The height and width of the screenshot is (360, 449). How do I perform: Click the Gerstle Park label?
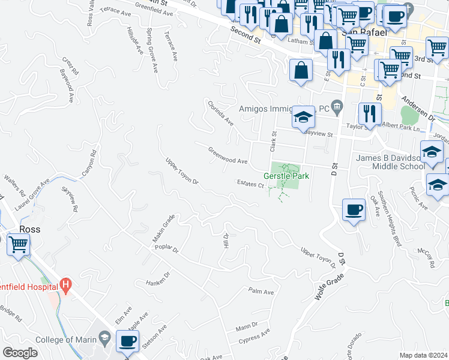pos(286,176)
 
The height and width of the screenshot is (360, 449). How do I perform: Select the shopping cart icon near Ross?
pos(19,245)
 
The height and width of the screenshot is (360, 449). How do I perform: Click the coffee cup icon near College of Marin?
pos(127,341)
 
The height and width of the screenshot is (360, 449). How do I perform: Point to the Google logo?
pos(20,353)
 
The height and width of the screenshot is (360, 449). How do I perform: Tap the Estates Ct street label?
pos(250,184)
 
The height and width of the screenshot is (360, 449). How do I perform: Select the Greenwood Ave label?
pos(228,155)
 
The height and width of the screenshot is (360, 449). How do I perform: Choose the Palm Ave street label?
pos(261,292)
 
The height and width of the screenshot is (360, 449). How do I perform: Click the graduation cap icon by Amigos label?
pos(304,117)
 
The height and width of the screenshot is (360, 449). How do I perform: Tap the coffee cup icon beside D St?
pos(353,209)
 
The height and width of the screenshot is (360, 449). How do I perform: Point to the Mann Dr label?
pos(246,327)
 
